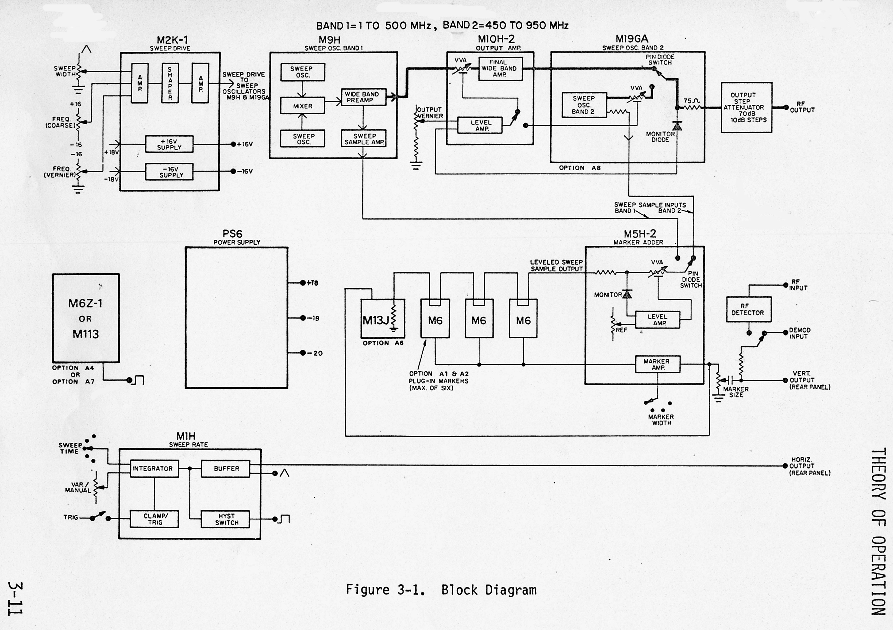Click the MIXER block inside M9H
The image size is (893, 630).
[303, 106]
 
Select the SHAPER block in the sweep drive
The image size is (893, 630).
[170, 83]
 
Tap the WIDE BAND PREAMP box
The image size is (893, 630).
[363, 97]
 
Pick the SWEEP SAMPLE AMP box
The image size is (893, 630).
[364, 139]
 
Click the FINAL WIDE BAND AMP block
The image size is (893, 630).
[500, 68]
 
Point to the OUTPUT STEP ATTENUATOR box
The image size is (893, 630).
[746, 107]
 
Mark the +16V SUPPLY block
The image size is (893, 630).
[169, 144]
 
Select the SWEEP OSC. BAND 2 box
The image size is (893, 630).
[584, 105]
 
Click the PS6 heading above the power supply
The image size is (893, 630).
[232, 234]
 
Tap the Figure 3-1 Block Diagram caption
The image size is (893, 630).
[441, 590]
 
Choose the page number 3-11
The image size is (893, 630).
[15, 599]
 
